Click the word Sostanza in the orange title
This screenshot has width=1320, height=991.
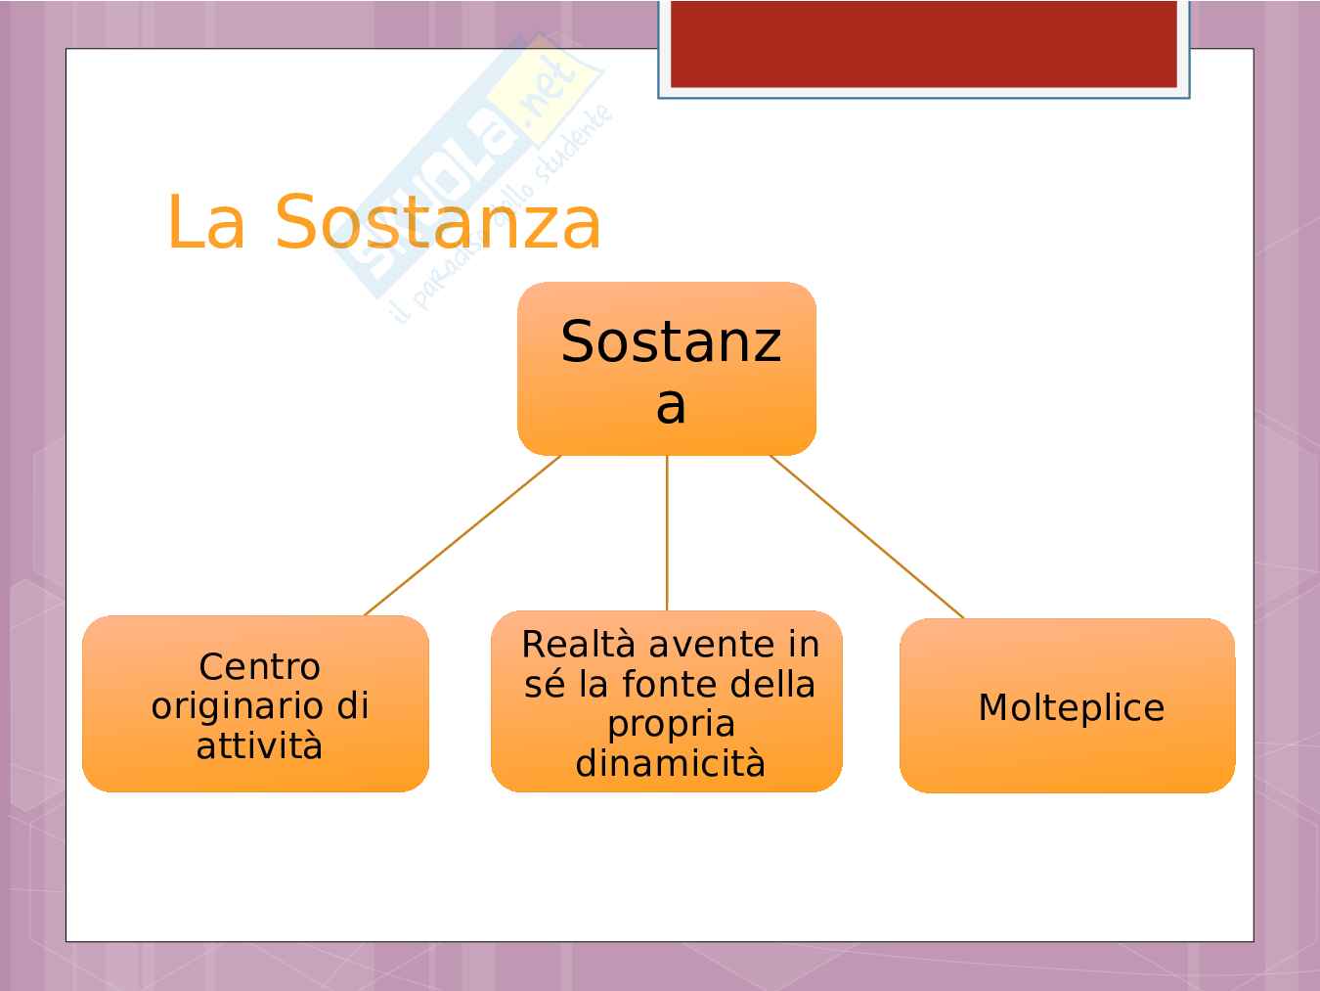[x=438, y=221]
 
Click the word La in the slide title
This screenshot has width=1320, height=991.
[x=206, y=221]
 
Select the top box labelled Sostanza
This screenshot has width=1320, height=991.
[x=666, y=368]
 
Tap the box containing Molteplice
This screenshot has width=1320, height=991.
[x=1068, y=705]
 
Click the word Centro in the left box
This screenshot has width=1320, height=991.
[x=259, y=666]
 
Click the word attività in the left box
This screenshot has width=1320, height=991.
[x=259, y=746]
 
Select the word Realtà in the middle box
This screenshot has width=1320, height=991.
[x=578, y=644]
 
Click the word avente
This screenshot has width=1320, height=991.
[x=713, y=645]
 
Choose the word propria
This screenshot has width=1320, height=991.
[x=671, y=725]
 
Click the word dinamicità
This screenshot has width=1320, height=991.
[x=670, y=763]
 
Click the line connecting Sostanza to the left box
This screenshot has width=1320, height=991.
[x=462, y=535]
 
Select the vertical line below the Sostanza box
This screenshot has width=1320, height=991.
[x=666, y=533]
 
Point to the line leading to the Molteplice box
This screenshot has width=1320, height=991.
[x=866, y=537]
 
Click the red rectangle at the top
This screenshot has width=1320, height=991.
[x=924, y=44]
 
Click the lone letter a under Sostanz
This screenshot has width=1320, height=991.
[x=671, y=406]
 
